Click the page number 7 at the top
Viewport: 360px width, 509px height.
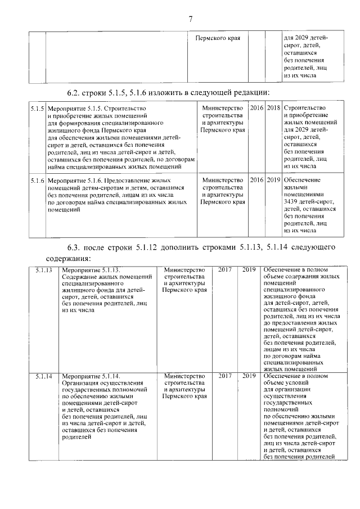click(191, 19)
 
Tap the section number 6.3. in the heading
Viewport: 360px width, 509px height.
click(74, 247)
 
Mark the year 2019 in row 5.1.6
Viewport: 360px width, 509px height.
click(274, 181)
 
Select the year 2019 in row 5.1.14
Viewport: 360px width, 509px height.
click(249, 376)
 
